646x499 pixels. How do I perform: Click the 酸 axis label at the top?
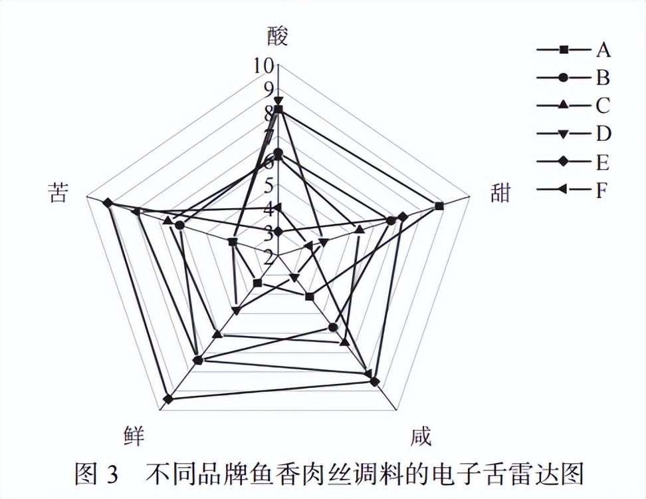[x=278, y=36]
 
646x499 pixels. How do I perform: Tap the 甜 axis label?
[x=500, y=193]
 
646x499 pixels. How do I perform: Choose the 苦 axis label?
[x=57, y=192]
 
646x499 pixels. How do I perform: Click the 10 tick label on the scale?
[x=263, y=65]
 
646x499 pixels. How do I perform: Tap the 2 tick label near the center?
[x=268, y=255]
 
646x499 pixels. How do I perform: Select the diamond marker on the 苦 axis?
[x=108, y=202]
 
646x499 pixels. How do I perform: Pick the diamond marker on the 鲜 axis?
[x=168, y=399]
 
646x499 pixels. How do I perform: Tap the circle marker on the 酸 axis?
[x=278, y=154]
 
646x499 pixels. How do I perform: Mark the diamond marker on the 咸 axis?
[x=374, y=382]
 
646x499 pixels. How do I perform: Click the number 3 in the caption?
[x=112, y=475]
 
